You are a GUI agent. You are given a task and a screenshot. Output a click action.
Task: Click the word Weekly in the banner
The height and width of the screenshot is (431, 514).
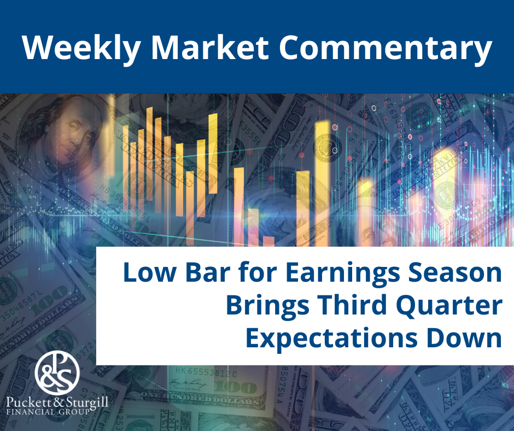click(x=81, y=48)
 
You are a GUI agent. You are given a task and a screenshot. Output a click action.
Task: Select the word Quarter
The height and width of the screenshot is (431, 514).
click(x=449, y=306)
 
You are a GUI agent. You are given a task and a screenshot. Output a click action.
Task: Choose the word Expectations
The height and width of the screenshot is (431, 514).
click(x=332, y=339)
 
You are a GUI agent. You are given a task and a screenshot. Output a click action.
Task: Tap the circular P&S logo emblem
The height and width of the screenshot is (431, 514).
click(x=57, y=372)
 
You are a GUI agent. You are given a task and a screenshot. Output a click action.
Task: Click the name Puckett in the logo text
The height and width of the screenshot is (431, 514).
click(x=27, y=403)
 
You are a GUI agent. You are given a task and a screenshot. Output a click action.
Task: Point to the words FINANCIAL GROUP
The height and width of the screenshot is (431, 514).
click(x=48, y=412)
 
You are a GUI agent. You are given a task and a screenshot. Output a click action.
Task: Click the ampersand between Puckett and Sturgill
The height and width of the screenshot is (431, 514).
click(x=57, y=403)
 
